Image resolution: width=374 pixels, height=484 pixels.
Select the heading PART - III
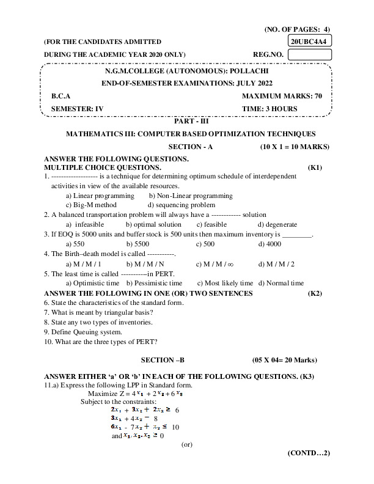pyautogui.click(x=191, y=122)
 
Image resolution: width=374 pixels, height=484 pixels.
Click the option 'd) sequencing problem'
pyautogui.click(x=182, y=205)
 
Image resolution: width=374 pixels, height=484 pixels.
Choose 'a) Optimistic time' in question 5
pyautogui.click(x=92, y=283)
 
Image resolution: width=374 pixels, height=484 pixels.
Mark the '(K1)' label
pyautogui.click(x=315, y=167)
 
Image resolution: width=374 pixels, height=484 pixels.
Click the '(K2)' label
pyautogui.click(x=315, y=293)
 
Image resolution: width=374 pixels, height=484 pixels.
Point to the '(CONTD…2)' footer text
pyautogui.click(x=309, y=453)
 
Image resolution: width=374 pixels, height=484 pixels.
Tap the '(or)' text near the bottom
pyautogui.click(x=187, y=444)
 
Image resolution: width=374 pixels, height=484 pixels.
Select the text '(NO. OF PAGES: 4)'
pyautogui.click(x=297, y=29)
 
